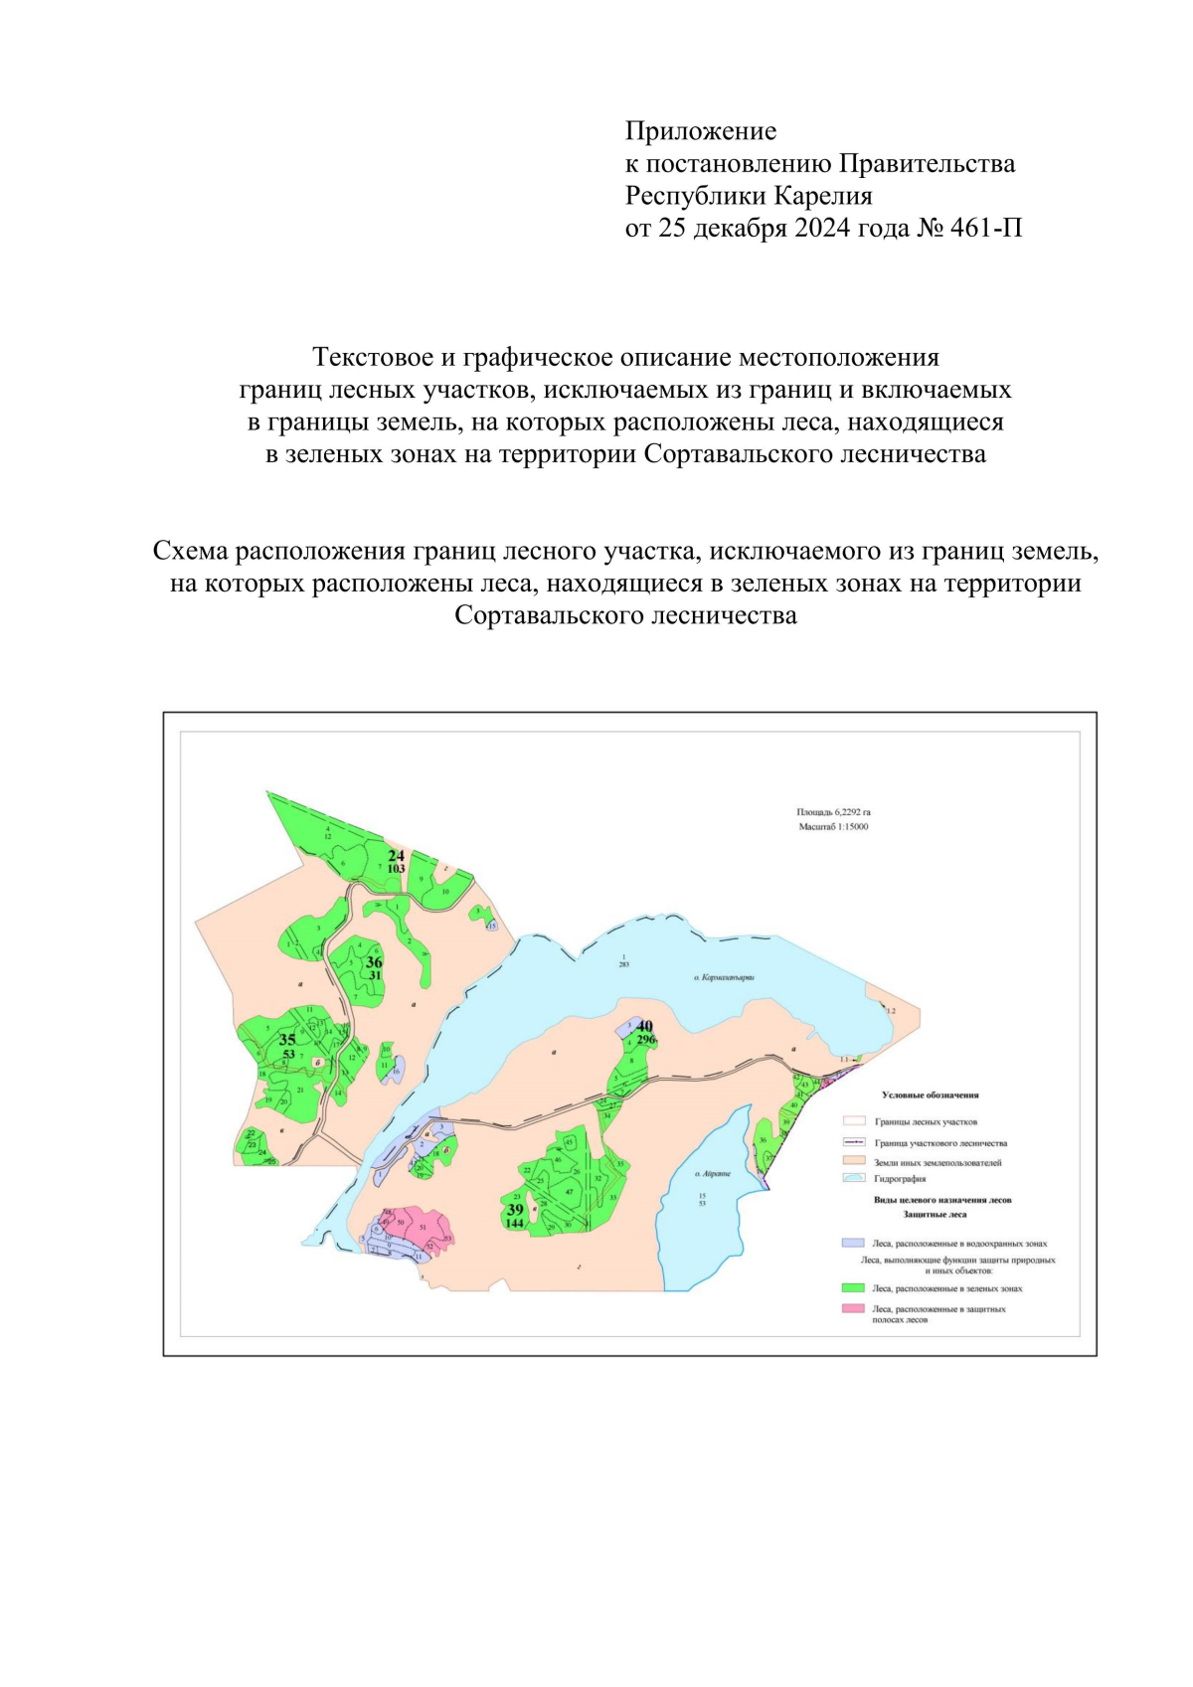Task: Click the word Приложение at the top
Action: coord(700,131)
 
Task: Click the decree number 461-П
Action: coord(985,229)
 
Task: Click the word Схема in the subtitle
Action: coord(194,551)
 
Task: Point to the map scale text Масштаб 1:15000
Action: coord(833,826)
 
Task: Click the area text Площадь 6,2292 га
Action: coord(833,812)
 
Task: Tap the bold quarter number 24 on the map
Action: coord(396,855)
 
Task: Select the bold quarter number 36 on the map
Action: coord(374,962)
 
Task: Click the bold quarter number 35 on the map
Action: coord(287,1040)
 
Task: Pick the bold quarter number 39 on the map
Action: coord(515,1210)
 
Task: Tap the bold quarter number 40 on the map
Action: coord(645,1026)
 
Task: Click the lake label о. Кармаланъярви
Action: coord(724,978)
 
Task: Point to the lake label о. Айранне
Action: coord(712,1174)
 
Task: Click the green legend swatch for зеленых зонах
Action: coord(852,1288)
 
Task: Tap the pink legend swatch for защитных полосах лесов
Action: coord(852,1309)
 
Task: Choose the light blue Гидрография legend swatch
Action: coord(852,1178)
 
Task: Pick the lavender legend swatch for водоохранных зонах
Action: coord(852,1244)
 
